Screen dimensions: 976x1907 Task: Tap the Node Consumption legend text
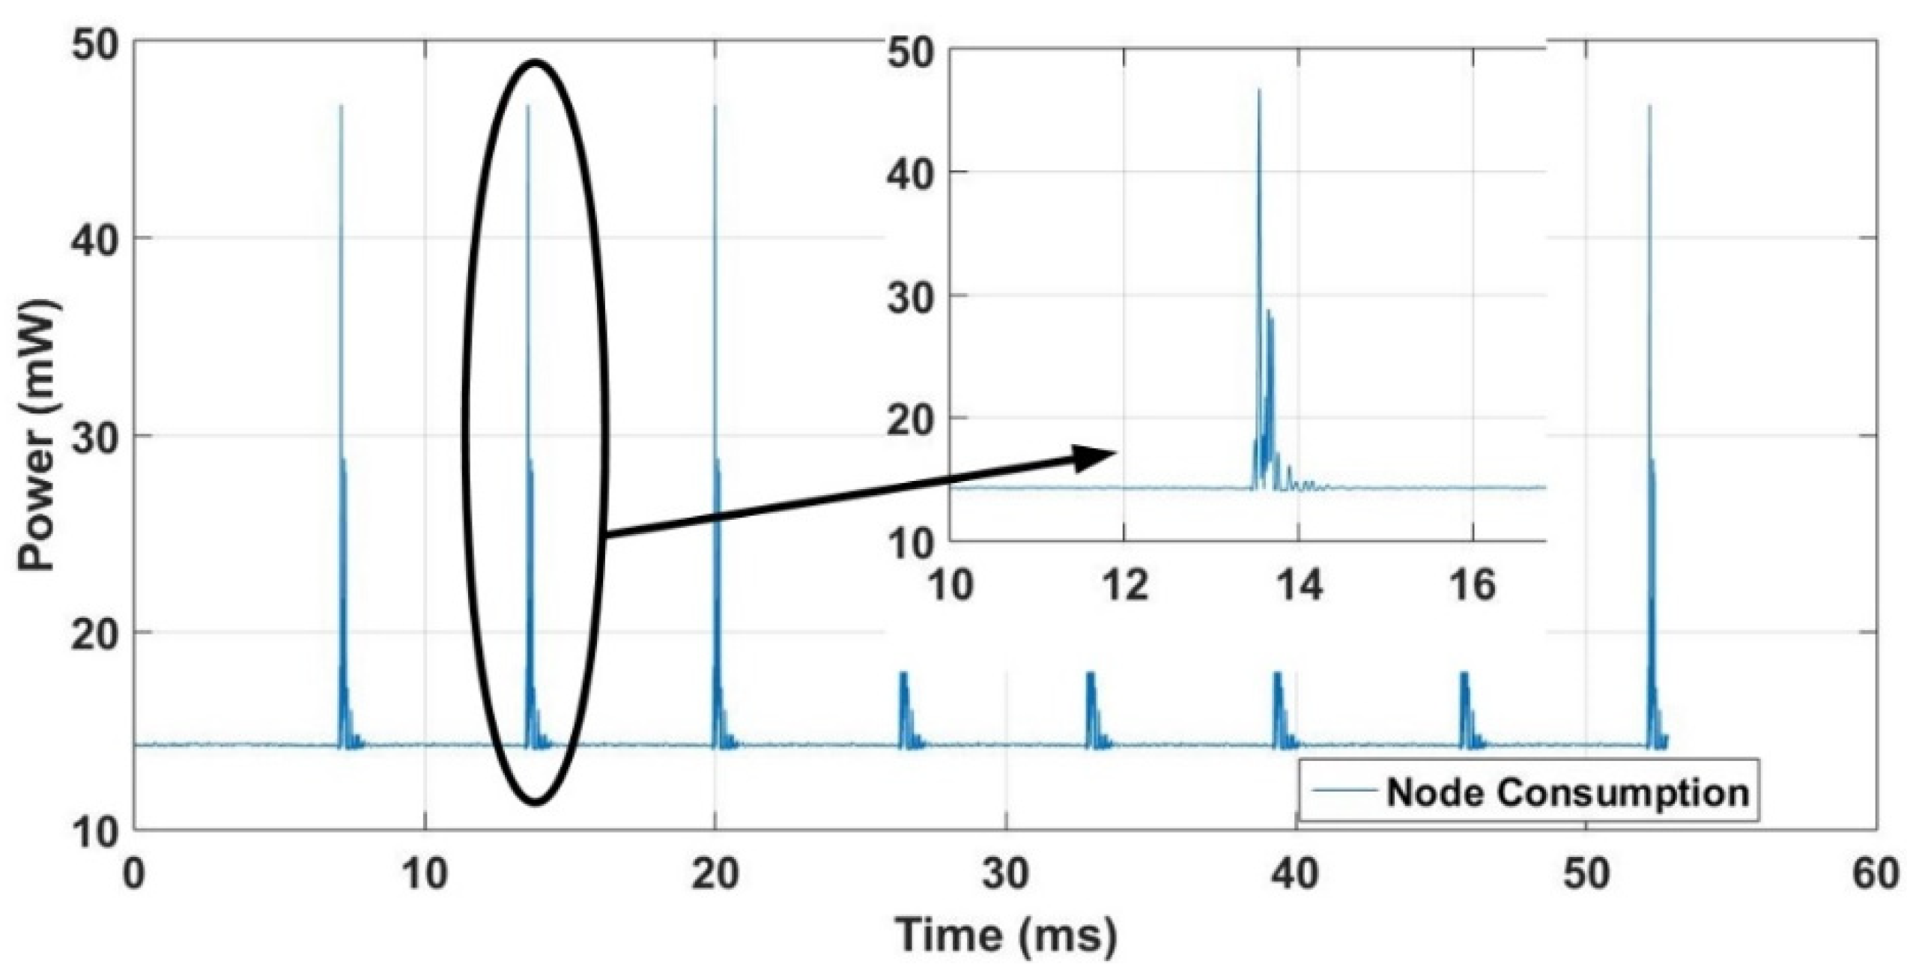pyautogui.click(x=1567, y=792)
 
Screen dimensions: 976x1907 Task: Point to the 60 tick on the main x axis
pyautogui.click(x=1877, y=875)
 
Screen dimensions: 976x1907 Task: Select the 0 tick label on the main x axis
pyautogui.click(x=134, y=875)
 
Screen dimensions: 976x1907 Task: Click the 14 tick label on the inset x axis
pyautogui.click(x=1299, y=584)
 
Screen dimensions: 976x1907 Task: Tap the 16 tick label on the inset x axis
pyautogui.click(x=1473, y=584)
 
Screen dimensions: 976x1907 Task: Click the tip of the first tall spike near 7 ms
pyautogui.click(x=342, y=106)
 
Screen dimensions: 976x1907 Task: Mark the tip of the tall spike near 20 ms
pyautogui.click(x=715, y=106)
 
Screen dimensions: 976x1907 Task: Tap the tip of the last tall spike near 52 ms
pyautogui.click(x=1649, y=106)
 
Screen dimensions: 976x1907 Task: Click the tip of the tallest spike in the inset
pyautogui.click(x=1259, y=90)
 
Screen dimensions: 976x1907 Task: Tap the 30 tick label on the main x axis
pyautogui.click(x=1006, y=875)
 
